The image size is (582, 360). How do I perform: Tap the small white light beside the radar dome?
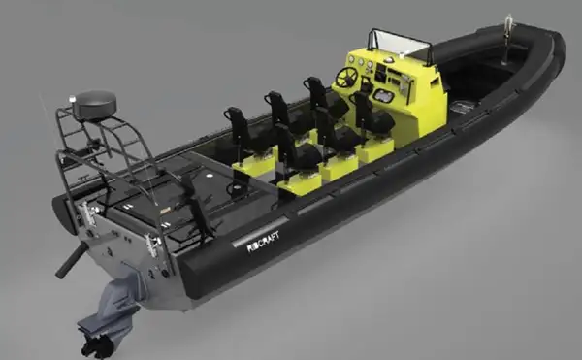click(x=73, y=100)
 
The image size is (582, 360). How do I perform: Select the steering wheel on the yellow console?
click(x=346, y=77)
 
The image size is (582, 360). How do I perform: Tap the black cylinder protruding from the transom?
click(x=71, y=260)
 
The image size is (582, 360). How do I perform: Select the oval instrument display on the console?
click(x=382, y=96)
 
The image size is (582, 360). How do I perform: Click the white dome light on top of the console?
click(x=388, y=59)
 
